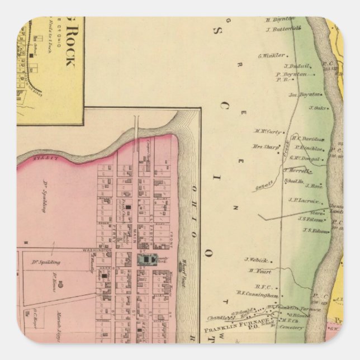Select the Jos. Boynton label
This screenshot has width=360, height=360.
click(305, 94)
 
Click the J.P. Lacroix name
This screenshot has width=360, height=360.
click(304, 200)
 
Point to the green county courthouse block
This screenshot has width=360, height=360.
click(147, 259)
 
